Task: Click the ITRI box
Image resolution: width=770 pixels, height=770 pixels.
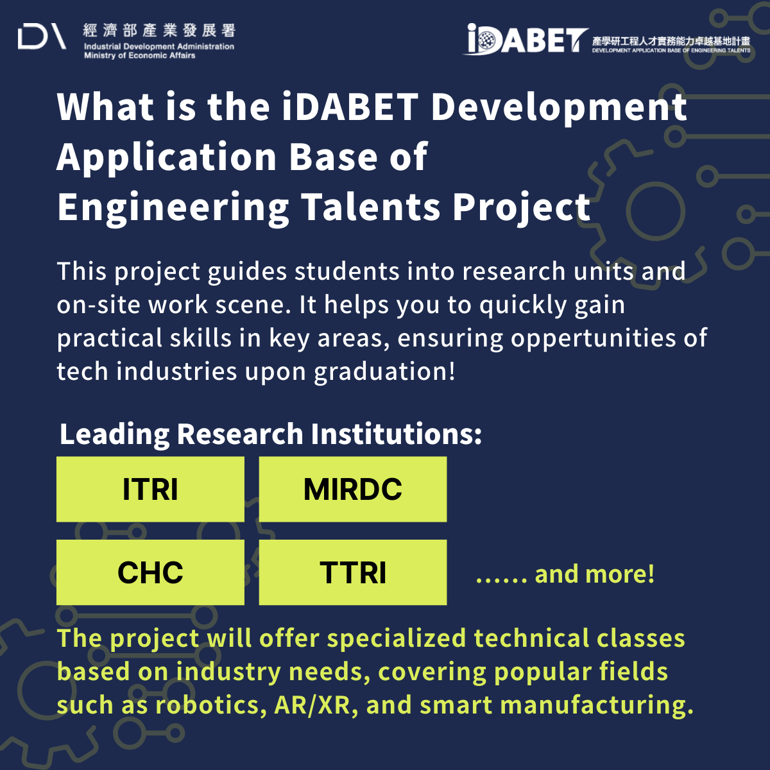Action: point(150,489)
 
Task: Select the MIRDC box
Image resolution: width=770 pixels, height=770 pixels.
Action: point(353,489)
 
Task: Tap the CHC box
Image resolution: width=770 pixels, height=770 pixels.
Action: point(150,572)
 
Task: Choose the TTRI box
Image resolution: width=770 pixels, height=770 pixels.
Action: point(353,572)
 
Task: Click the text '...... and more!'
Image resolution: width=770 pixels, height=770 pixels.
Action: point(565,574)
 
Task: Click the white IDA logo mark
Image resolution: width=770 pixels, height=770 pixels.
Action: point(42,37)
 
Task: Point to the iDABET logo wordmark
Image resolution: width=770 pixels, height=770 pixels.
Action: point(527,39)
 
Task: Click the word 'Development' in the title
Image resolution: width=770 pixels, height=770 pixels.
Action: point(559,108)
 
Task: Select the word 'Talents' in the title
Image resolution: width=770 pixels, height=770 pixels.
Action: point(370,207)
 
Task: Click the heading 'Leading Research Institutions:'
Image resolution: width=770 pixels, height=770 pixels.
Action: point(271,435)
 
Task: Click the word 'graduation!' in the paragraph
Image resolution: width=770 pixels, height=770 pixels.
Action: point(384,372)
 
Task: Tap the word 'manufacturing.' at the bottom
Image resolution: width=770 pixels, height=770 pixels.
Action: point(597,705)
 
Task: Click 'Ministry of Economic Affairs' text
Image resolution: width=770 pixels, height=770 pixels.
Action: point(139,56)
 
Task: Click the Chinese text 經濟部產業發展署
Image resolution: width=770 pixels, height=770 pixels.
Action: point(159,30)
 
